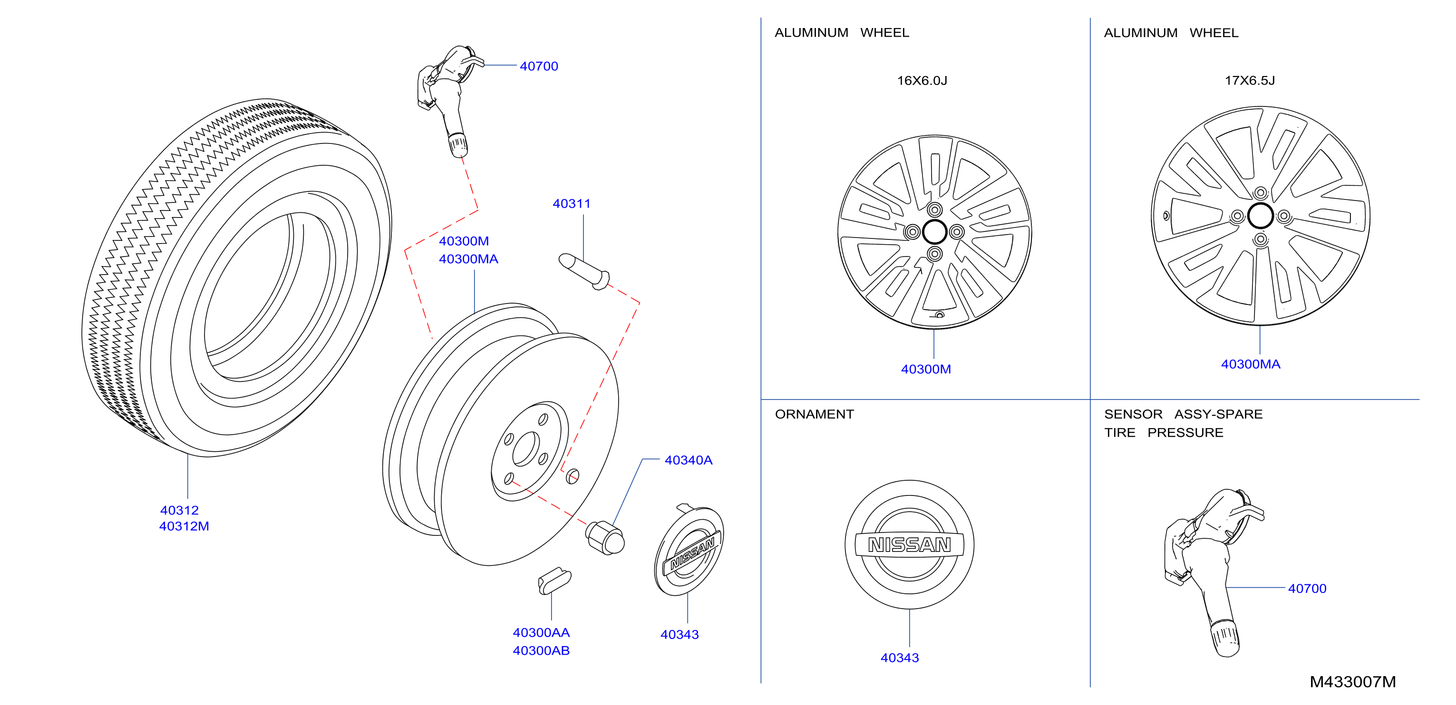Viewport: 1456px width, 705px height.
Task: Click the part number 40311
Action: point(572,203)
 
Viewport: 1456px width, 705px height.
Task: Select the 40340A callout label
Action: point(688,460)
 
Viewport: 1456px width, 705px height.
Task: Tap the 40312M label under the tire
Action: point(184,526)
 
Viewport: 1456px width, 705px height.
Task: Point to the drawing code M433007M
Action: point(1352,682)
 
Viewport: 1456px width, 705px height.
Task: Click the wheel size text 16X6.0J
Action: point(922,80)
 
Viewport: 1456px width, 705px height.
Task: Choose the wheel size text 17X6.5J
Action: point(1250,80)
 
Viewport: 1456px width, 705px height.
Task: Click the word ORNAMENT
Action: point(814,414)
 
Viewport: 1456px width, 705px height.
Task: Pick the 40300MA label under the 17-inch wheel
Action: point(1250,364)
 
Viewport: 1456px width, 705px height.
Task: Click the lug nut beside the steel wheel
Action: point(605,538)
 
